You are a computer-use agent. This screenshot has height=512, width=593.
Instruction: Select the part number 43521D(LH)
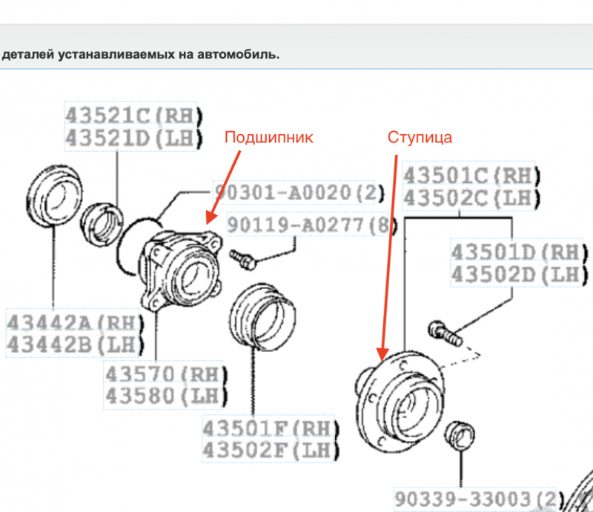point(130,137)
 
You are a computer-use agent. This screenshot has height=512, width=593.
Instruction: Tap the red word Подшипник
point(269,137)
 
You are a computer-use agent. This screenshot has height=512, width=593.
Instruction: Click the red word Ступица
point(420,137)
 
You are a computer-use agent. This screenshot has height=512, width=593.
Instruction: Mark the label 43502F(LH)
point(270,450)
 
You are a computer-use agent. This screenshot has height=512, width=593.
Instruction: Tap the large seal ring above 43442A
point(54,202)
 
